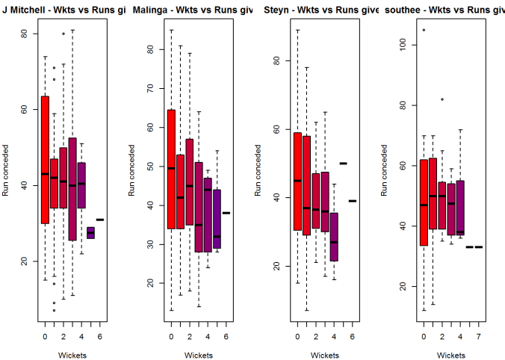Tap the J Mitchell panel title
pos(63,9)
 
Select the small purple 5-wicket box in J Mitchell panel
pos(90,233)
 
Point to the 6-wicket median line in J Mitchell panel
pos(99,220)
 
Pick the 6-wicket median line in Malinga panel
pos(226,213)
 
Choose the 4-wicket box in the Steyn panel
pos(334,237)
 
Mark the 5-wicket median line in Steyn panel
pos(343,163)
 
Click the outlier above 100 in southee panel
pos(424,30)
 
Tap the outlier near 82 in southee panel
pos(442,99)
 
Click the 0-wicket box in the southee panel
pos(424,202)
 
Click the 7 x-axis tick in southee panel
pos(478,336)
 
